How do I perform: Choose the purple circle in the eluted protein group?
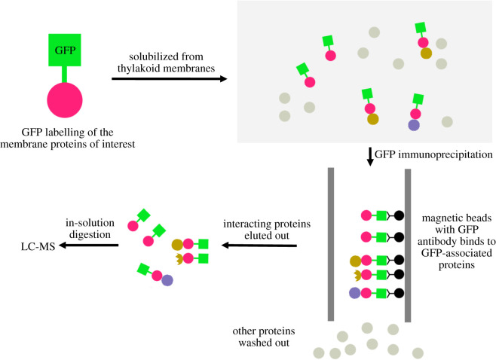click(167, 281)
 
